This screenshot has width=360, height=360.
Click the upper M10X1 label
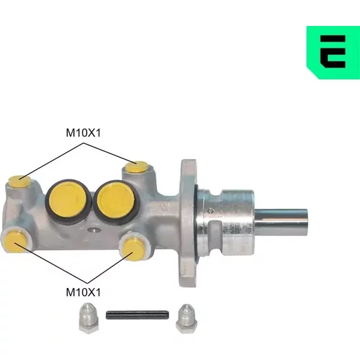coord(84,132)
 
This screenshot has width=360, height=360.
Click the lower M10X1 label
coord(84,292)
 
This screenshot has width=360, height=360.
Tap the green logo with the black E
coord(333,53)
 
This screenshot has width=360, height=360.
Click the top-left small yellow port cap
coord(19,181)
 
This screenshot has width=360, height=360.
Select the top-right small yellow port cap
coord(137,167)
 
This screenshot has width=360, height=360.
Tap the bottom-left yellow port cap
coord(15,241)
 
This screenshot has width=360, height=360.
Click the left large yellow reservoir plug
coord(68,200)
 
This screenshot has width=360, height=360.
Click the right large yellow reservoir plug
coord(116,200)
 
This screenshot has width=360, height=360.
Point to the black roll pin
coord(137,315)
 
